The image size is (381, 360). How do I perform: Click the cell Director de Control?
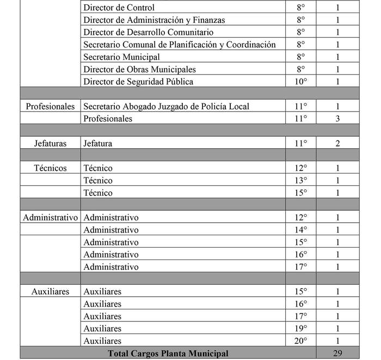[x=119, y=8]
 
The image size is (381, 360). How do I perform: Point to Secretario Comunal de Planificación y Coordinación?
[x=180, y=45]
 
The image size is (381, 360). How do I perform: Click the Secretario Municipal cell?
[x=121, y=57]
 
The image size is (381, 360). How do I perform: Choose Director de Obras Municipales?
[x=139, y=70]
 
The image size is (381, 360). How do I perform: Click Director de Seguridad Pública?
[x=138, y=82]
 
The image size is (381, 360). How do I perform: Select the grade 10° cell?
[x=301, y=82]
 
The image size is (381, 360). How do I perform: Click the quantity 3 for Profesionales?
[x=337, y=119]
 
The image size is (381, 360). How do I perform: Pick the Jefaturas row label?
[x=50, y=143]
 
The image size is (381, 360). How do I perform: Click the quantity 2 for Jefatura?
[x=337, y=143]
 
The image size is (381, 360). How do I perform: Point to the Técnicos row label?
[x=50, y=168]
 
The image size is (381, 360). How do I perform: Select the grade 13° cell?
[x=301, y=180]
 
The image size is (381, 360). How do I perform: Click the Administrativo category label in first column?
[x=51, y=217]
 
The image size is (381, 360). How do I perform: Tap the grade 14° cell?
[x=301, y=230]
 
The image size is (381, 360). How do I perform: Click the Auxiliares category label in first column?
[x=50, y=291]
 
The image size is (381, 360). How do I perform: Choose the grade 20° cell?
[x=301, y=341]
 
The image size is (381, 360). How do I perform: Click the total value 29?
[x=337, y=353]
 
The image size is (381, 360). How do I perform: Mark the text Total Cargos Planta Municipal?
[x=168, y=353]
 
